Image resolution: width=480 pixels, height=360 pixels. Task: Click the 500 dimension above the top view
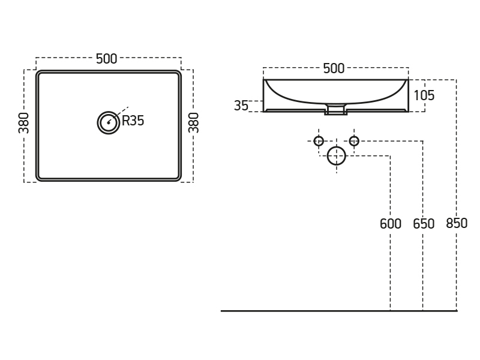point(106,59)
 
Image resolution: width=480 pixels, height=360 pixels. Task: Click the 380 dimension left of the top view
point(24,122)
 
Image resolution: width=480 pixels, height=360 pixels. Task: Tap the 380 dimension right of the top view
point(193,122)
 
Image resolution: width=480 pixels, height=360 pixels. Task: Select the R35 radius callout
point(133,121)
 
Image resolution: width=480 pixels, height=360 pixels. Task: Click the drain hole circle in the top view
point(109,122)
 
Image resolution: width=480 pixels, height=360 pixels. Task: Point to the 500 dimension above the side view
point(334,68)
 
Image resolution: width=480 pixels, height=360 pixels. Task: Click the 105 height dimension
point(424,95)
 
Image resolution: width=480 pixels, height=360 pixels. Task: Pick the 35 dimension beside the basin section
point(241,106)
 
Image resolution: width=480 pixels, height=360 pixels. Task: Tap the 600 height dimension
point(391,224)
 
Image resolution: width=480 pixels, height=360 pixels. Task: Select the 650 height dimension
point(424,224)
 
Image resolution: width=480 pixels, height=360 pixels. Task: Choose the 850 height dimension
point(457,224)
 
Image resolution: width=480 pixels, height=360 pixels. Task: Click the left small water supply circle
point(319,141)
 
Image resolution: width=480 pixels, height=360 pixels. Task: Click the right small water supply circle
point(354,141)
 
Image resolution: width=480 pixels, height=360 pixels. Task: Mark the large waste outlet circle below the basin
point(337,156)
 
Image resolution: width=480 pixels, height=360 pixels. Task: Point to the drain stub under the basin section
point(336,110)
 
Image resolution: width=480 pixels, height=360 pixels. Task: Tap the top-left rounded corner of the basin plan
point(40,74)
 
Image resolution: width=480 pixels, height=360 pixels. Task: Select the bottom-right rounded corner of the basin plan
point(178,177)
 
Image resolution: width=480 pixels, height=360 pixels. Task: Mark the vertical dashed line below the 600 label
point(391,270)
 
